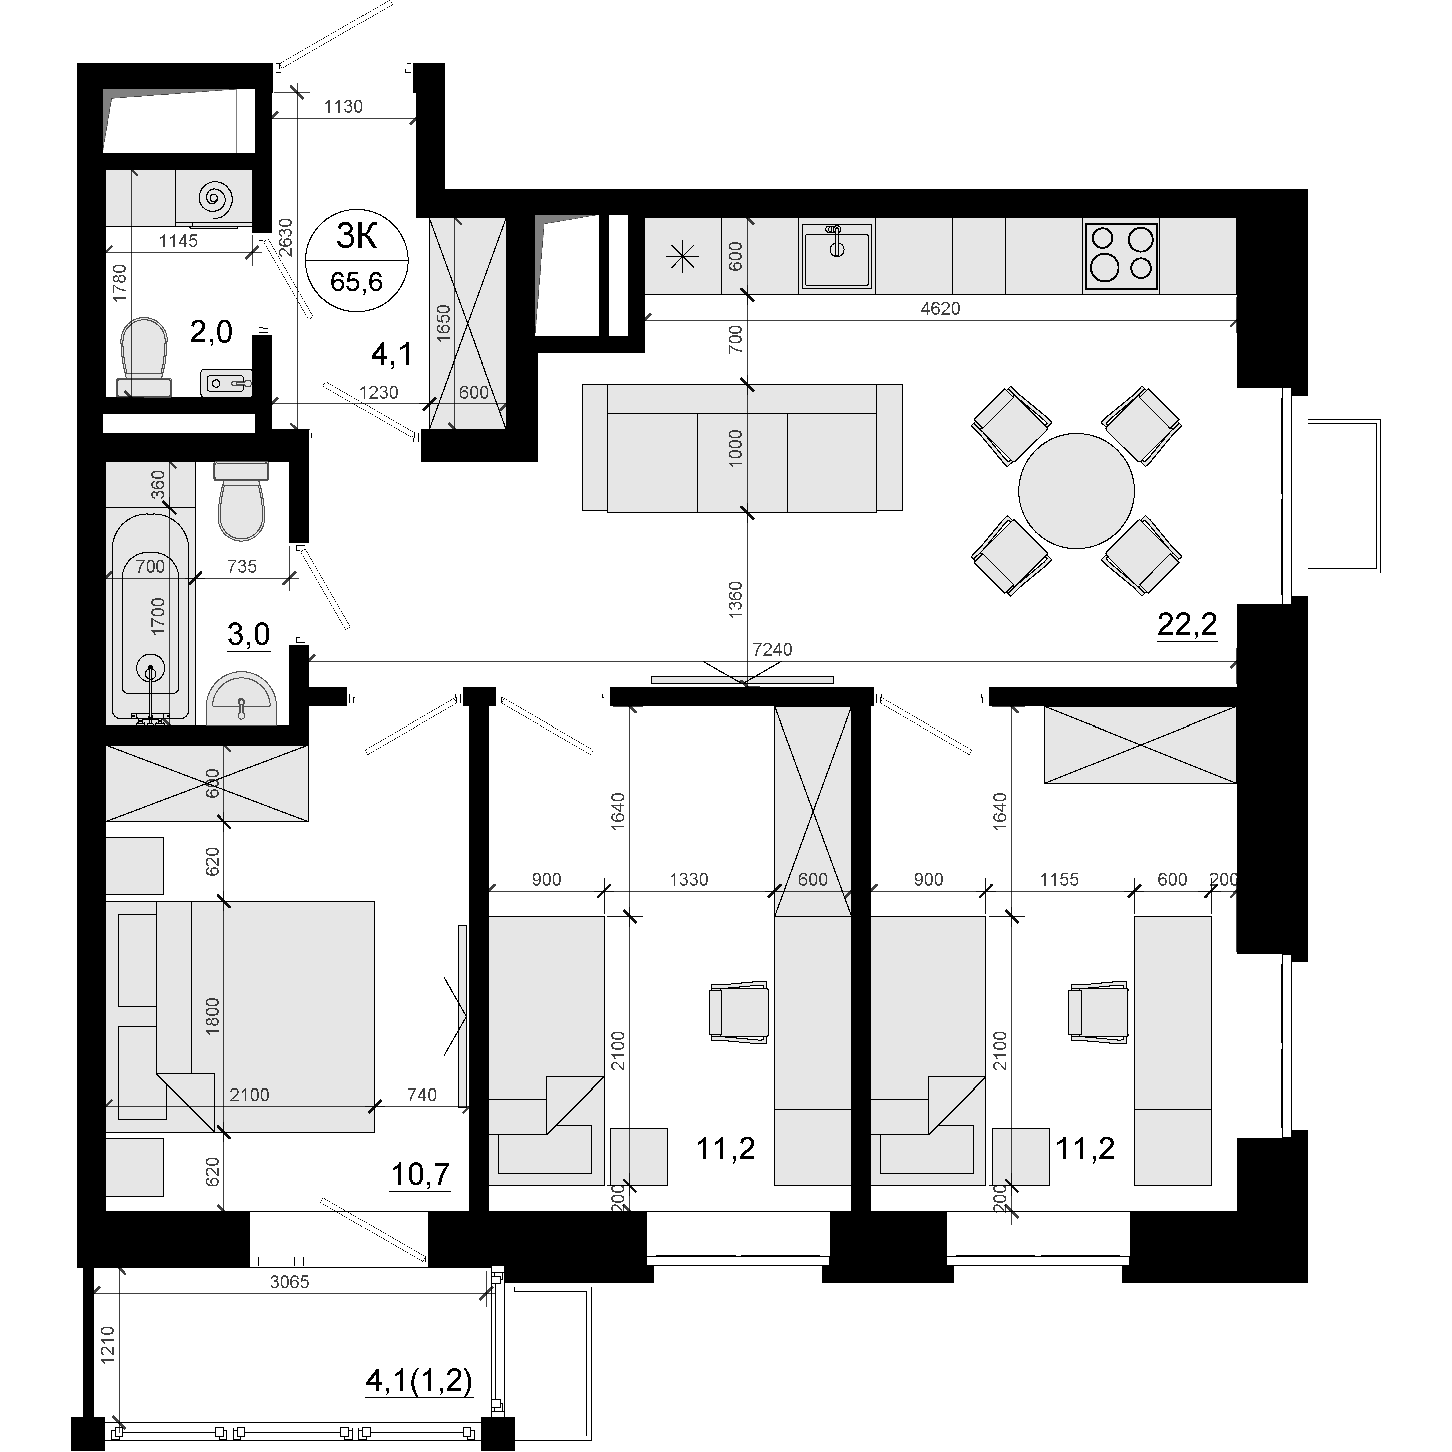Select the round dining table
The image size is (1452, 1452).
tap(1076, 491)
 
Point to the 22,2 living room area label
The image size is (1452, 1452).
tap(1187, 624)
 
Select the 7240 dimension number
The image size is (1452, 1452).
tap(772, 649)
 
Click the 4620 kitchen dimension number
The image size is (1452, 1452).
tap(940, 308)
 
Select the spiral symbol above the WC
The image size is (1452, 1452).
tap(216, 198)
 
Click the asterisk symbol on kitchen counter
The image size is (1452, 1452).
tap(683, 258)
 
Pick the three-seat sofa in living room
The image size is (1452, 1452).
tap(743, 448)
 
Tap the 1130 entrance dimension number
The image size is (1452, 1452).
tap(343, 107)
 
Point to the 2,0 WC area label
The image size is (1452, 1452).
tap(211, 332)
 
